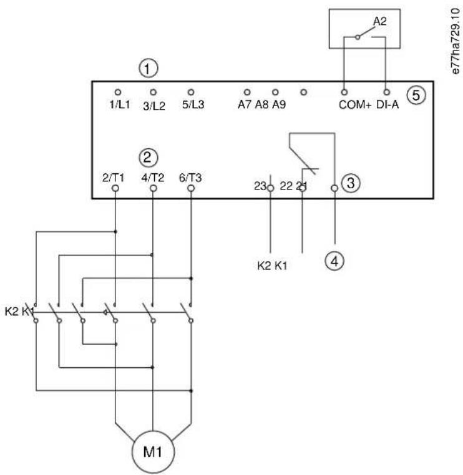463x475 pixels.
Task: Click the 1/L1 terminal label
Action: (x=119, y=105)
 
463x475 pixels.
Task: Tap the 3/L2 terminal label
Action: (x=154, y=106)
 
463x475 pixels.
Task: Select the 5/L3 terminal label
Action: (x=193, y=105)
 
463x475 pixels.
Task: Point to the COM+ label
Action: (x=355, y=105)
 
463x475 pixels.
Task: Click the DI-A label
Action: (x=387, y=105)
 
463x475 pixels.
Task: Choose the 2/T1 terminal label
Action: (x=113, y=178)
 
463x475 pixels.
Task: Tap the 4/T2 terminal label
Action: (x=153, y=178)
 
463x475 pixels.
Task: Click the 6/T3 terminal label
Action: (x=190, y=178)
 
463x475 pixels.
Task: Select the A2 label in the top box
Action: (x=379, y=21)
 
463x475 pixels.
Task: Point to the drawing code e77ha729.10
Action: (x=455, y=41)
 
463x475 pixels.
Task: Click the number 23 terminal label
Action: (x=260, y=186)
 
